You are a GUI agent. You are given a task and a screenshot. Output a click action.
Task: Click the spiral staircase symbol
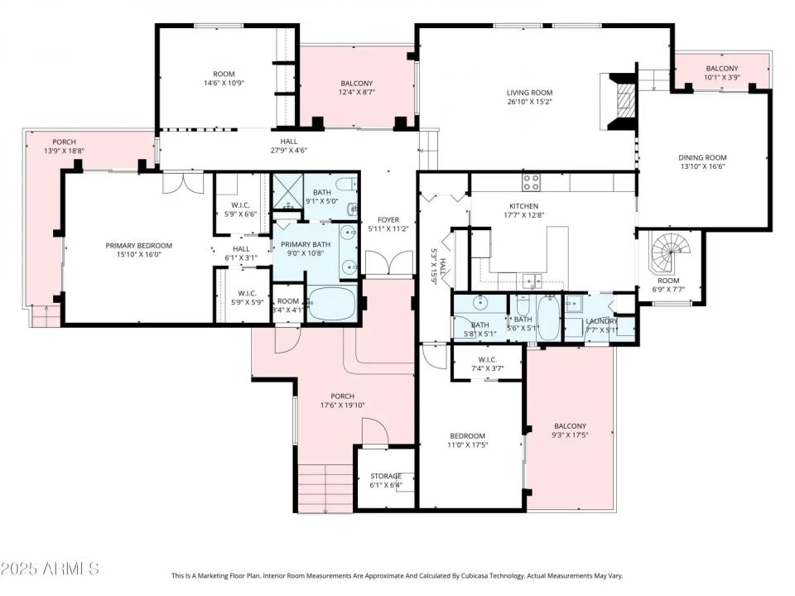coord(669,253)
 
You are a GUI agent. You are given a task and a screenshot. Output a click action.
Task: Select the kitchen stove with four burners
coord(531,182)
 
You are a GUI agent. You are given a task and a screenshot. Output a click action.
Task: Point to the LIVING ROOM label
coord(529,93)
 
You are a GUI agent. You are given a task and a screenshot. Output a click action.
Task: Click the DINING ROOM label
coord(702,157)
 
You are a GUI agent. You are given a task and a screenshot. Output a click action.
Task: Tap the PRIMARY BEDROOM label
coord(138,245)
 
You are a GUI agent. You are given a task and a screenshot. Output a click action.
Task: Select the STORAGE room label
coord(385,476)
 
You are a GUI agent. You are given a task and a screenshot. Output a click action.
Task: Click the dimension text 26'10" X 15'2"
coord(529,103)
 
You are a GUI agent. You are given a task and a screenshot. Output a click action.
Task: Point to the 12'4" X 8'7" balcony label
coord(357,94)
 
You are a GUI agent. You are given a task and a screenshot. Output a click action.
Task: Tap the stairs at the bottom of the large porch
coord(325,488)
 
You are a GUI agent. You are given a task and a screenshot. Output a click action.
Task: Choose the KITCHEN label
coord(523,206)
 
